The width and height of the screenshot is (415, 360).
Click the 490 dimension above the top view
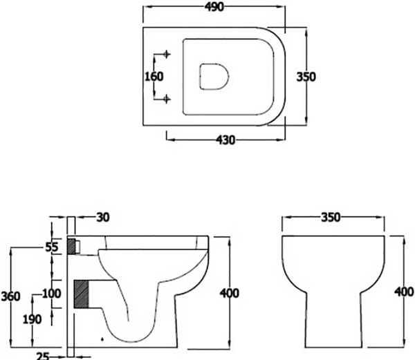pyautogui.click(x=214, y=7)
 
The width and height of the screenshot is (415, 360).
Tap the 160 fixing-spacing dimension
pyautogui.click(x=154, y=76)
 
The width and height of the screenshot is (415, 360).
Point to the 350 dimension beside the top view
pyautogui.click(x=306, y=76)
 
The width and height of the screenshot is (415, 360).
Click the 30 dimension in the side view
pyautogui.click(x=103, y=218)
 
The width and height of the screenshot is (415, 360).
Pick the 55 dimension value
pyautogui.click(x=53, y=247)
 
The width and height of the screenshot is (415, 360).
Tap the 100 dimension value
pyautogui.click(x=51, y=294)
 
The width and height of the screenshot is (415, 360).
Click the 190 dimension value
pyautogui.click(x=32, y=319)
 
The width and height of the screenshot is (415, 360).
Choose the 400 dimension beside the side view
pyautogui.click(x=229, y=293)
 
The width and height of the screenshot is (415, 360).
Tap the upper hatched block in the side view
pyautogui.click(x=73, y=245)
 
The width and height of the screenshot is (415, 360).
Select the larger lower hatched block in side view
pyautogui.click(x=82, y=294)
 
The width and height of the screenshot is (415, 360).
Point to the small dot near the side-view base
pyautogui.click(x=102, y=339)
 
